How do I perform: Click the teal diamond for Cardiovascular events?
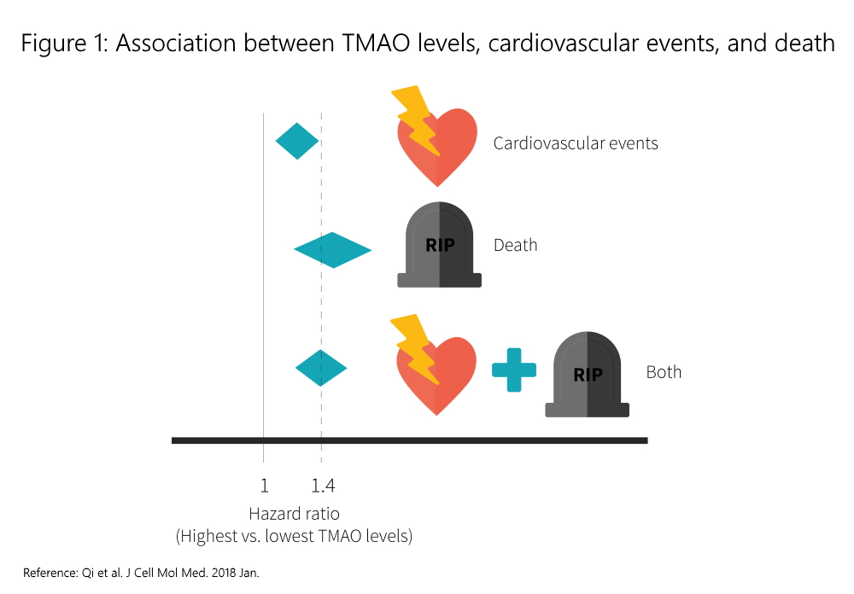(297, 141)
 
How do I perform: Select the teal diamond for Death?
(332, 249)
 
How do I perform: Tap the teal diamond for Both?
(321, 368)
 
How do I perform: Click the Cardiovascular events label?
(576, 143)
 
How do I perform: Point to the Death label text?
(516, 246)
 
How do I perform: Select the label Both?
(664, 372)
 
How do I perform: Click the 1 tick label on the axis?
(264, 486)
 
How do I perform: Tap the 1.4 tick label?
(323, 486)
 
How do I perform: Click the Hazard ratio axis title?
(294, 514)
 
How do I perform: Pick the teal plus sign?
(514, 370)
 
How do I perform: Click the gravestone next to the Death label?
(440, 246)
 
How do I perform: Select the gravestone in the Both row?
(588, 376)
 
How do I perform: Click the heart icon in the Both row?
(437, 376)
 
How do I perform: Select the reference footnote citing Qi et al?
(141, 572)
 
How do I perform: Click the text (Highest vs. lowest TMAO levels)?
(294, 537)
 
